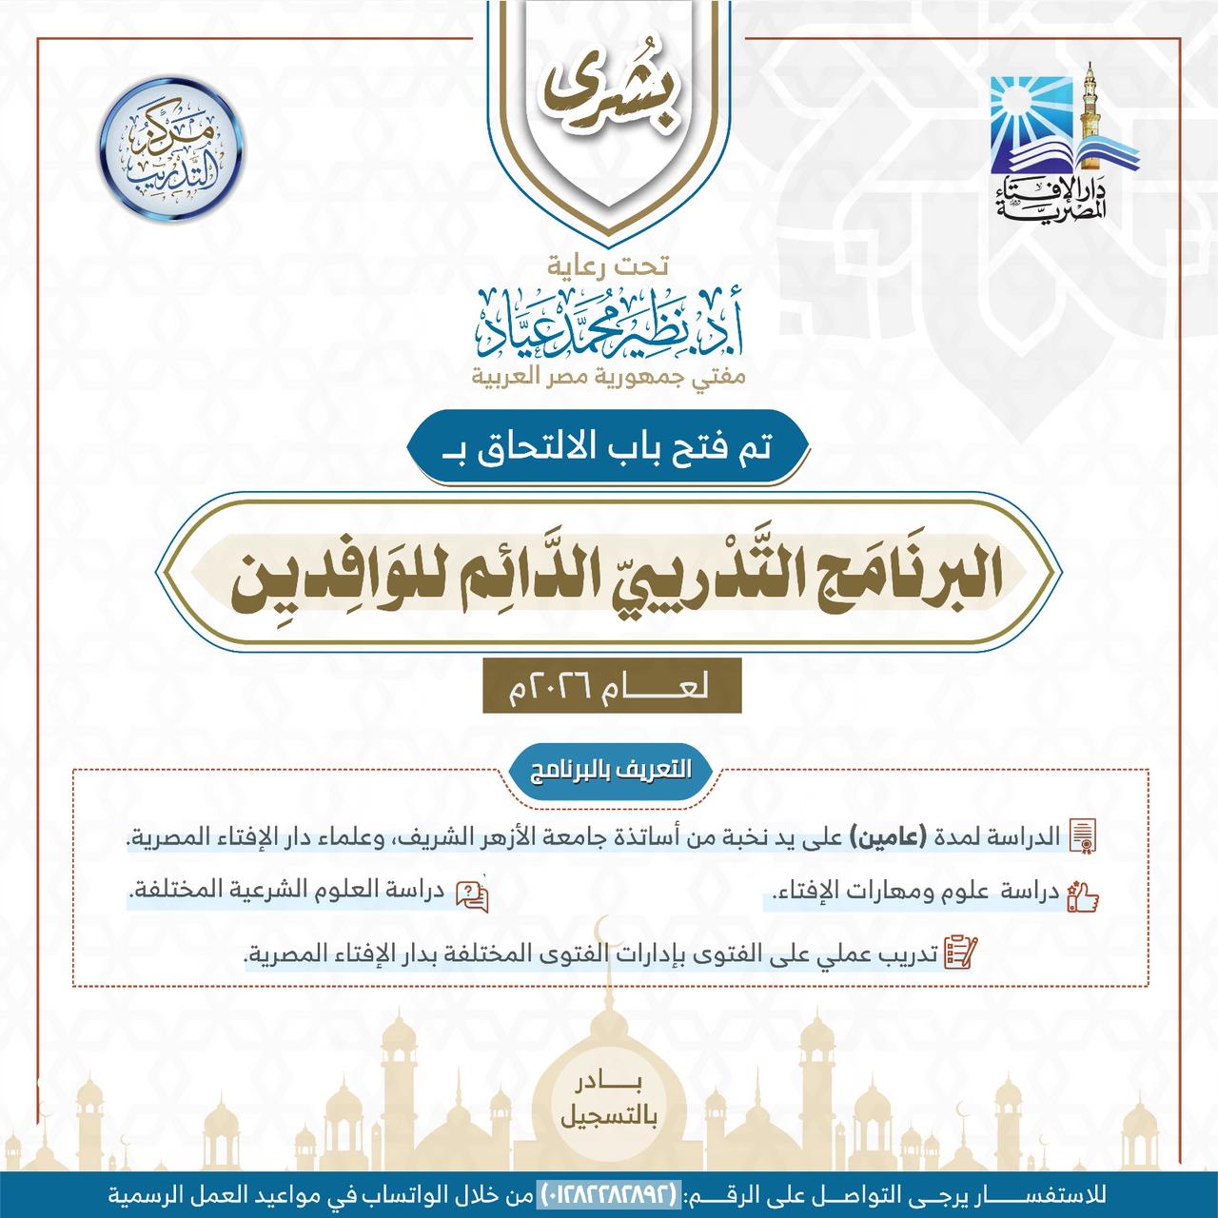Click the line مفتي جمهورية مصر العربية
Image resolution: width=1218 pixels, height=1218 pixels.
(x=610, y=378)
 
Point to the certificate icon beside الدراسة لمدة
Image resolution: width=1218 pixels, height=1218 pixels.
(x=1084, y=836)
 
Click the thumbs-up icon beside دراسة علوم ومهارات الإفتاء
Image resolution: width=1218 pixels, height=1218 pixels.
(x=1084, y=896)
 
